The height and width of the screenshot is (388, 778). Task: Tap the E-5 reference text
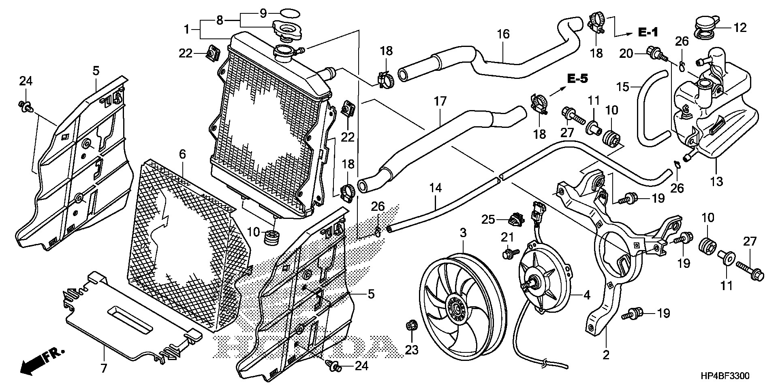click(577, 79)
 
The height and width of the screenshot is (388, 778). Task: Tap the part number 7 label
click(104, 369)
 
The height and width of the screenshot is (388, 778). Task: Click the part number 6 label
click(182, 154)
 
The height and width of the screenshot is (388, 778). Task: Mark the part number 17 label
click(440, 101)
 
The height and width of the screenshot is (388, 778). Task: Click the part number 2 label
click(606, 355)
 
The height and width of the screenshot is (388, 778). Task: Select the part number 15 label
click(622, 87)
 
